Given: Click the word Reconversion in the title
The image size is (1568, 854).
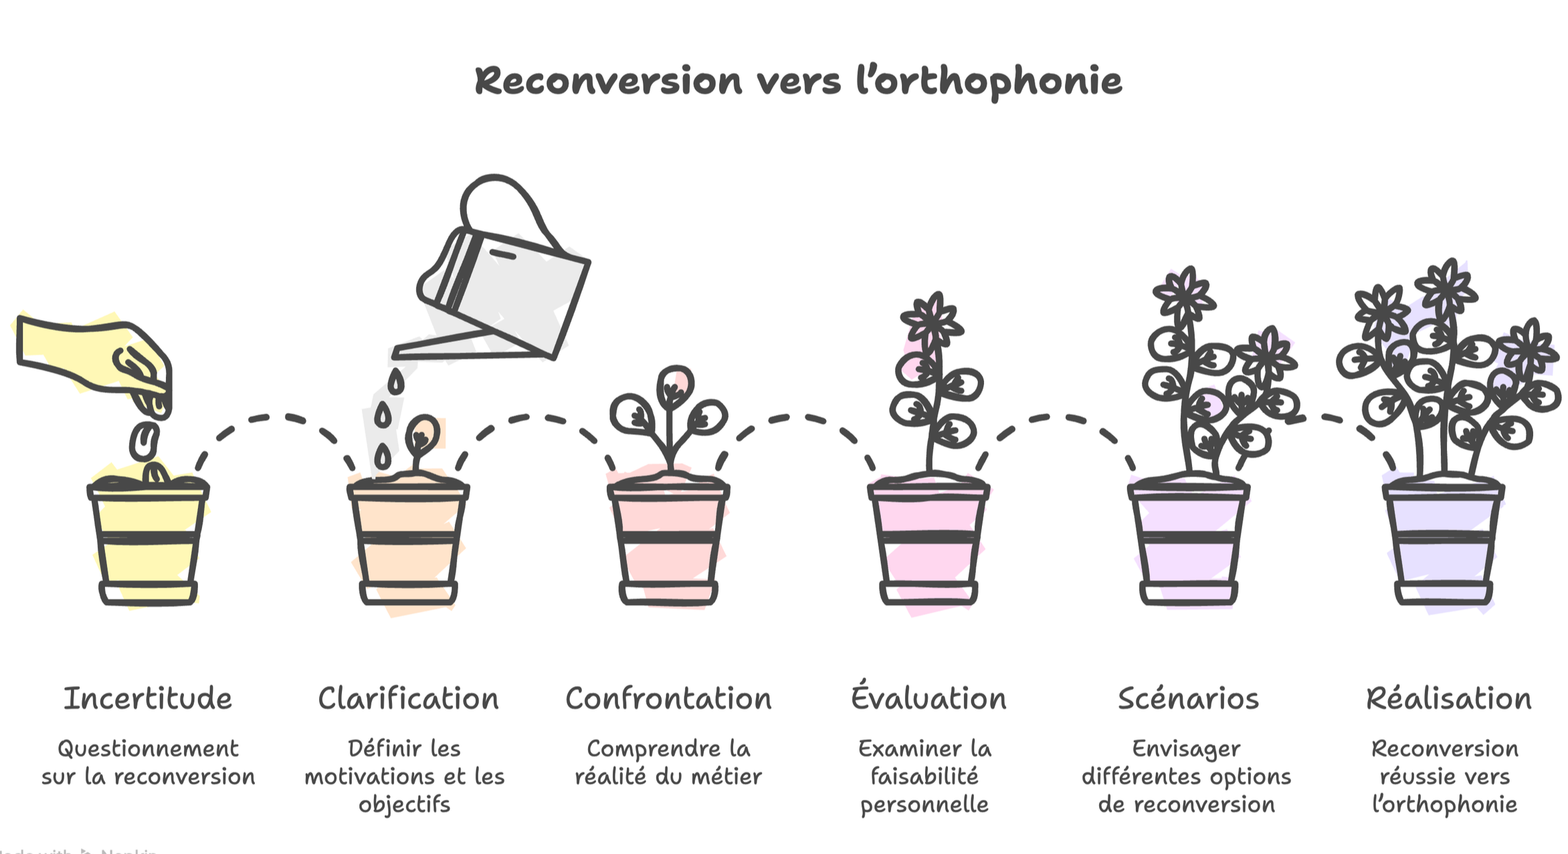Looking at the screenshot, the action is pyautogui.click(x=608, y=82).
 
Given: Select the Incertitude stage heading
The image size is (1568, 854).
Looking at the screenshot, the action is pyautogui.click(x=148, y=699).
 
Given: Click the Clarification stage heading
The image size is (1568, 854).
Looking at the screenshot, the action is pyautogui.click(x=408, y=699).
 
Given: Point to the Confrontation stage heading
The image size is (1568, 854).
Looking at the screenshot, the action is pyautogui.click(x=668, y=699).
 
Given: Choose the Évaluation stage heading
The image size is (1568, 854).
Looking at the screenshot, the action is pyautogui.click(x=928, y=697).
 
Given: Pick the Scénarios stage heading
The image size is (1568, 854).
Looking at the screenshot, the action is pyautogui.click(x=1188, y=699).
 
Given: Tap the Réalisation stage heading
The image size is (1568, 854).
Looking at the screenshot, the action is pyautogui.click(x=1448, y=699).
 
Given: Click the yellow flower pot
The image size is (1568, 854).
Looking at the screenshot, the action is pyautogui.click(x=148, y=542).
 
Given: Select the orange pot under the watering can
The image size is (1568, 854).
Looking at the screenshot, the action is pyautogui.click(x=408, y=542).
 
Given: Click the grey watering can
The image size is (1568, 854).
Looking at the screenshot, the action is pyautogui.click(x=515, y=294).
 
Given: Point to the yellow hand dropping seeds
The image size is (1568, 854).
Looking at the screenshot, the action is pyautogui.click(x=87, y=355).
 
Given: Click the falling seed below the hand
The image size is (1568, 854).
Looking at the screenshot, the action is pyautogui.click(x=144, y=440).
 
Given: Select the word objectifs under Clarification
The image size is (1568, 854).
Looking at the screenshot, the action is pyautogui.click(x=404, y=804).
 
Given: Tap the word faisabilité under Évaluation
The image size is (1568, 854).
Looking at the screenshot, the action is pyautogui.click(x=924, y=776).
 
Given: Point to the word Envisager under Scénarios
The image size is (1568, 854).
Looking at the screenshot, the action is pyautogui.click(x=1185, y=748).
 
